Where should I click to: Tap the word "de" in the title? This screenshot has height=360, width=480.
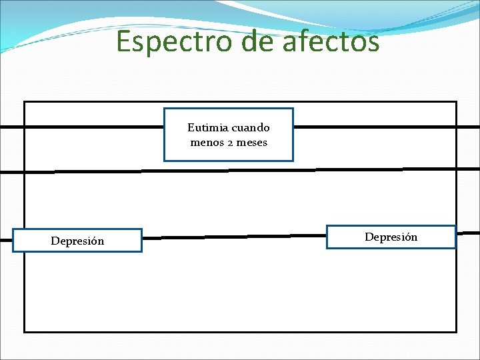pos(257,41)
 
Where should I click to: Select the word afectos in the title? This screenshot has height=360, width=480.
pos(331,41)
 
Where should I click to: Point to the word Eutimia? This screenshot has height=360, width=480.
pos(207,127)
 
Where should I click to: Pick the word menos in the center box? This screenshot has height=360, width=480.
pos(206,142)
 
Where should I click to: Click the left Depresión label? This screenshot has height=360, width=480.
pos(77,241)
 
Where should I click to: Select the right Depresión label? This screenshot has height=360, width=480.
pos(391,237)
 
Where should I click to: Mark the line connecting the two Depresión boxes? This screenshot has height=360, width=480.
pos(233,236)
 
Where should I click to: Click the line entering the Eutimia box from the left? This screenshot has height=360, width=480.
pos(93,126)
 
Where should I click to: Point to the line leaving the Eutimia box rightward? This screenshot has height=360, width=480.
pos(373,126)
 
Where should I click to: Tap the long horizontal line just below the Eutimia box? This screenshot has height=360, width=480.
pos(240,170)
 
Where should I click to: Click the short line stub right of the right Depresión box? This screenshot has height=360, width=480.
pos(468,233)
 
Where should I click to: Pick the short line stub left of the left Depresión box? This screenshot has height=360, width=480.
pos(6,239)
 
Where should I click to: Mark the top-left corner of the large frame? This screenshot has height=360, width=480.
pos(25,102)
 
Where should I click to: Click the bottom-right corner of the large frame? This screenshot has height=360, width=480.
pos(456,331)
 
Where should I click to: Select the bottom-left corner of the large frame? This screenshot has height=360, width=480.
pos(25,331)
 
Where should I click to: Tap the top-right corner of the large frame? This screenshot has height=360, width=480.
pos(456,102)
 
